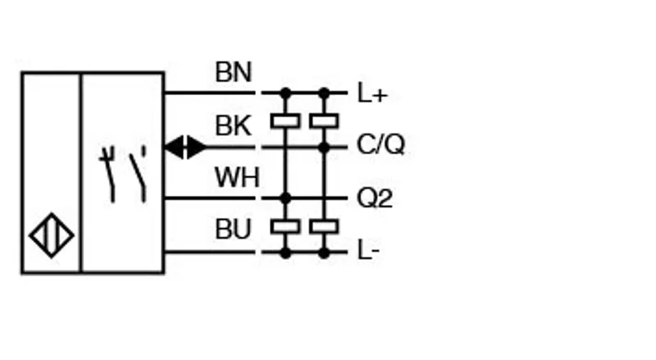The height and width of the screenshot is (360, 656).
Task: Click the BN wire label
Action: [234, 72]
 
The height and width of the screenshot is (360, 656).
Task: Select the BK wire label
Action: [234, 125]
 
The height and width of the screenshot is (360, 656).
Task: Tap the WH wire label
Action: [237, 177]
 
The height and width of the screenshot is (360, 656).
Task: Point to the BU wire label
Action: [233, 230]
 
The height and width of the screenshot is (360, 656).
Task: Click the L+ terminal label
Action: [372, 93]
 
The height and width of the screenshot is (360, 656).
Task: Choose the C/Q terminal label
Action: [380, 144]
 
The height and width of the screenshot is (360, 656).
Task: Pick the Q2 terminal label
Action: [375, 198]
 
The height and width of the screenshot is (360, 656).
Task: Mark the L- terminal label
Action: [368, 250]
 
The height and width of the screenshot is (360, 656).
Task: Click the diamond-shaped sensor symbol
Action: [52, 235]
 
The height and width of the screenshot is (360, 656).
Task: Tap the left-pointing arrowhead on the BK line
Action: [175, 148]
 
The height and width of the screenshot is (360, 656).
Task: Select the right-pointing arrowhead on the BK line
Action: [197, 148]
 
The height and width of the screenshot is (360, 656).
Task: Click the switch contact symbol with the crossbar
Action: [108, 175]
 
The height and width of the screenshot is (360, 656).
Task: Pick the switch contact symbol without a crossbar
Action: [139, 175]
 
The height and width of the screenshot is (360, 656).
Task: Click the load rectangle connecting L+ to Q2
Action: [285, 121]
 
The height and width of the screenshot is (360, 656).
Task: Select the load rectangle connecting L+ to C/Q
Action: [324, 121]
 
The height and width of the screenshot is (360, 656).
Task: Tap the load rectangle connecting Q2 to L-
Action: [285, 227]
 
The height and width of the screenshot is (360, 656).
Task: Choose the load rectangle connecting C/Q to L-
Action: [324, 227]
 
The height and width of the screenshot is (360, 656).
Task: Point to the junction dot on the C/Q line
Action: [324, 148]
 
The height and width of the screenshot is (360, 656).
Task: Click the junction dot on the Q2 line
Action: [285, 198]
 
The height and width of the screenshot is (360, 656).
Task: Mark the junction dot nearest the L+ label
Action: [324, 93]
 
